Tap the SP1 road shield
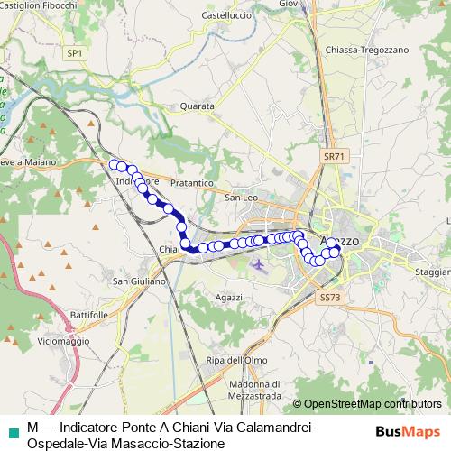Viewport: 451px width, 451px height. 74,53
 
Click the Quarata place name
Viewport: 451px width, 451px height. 197,106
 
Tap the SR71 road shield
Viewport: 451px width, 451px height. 334,156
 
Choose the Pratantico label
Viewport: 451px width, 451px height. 190,182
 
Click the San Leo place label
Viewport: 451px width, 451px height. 242,198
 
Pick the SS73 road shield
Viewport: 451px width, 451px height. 330,297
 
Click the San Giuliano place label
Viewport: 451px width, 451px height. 139,281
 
